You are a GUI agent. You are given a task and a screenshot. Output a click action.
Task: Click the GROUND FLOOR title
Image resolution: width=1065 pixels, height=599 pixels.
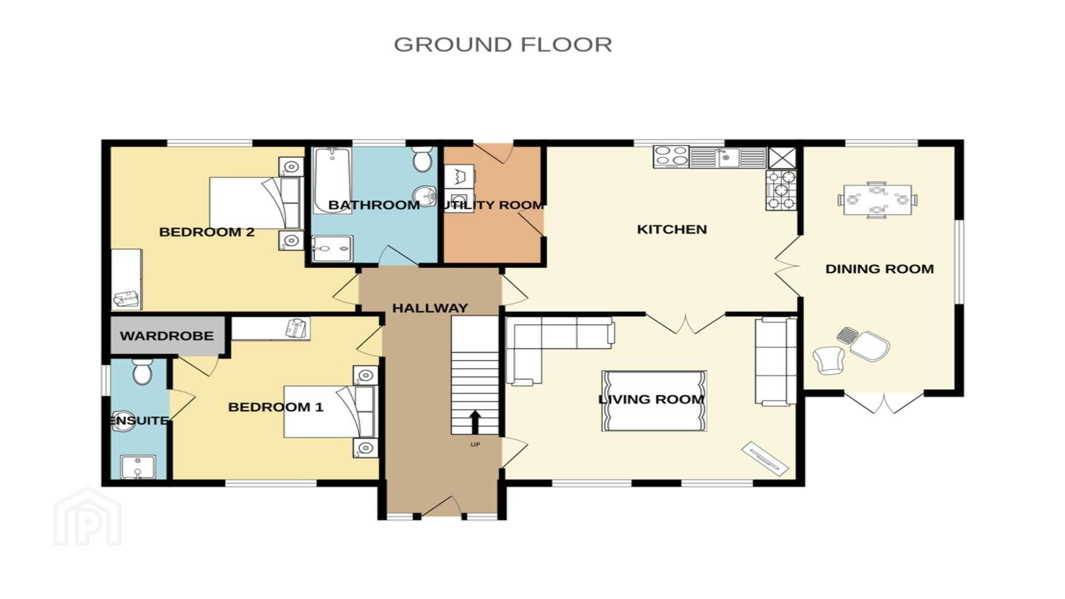pos(503,44)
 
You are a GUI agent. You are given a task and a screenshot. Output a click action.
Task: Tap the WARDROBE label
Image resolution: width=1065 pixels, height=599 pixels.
pos(166,336)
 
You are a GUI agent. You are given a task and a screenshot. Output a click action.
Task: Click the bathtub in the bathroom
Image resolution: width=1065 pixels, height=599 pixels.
pos(332,180)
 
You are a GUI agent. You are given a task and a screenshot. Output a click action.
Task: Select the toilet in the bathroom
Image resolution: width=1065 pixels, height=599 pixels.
pos(423,159)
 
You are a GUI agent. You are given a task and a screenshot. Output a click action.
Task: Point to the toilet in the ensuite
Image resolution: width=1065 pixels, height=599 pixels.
pos(143,371)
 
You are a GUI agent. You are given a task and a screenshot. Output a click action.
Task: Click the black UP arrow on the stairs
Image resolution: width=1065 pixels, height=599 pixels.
pos(475,422)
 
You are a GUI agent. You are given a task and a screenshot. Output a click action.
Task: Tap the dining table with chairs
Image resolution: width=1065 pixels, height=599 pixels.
pos(877,200)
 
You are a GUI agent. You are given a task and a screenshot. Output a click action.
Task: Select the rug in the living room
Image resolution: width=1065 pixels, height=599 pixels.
pos(654,400)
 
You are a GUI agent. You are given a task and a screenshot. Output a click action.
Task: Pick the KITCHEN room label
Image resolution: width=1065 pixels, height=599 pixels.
pos(672,229)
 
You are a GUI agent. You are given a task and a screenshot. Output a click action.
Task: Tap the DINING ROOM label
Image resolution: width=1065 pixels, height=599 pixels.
pos(879,269)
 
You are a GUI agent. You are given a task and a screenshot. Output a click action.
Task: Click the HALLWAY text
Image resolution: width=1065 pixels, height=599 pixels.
pos(430,308)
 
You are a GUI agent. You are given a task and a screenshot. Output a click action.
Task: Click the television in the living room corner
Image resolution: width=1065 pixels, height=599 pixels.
pos(765,458)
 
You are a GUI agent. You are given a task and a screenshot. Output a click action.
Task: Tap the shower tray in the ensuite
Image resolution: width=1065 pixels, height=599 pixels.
pos(138,467)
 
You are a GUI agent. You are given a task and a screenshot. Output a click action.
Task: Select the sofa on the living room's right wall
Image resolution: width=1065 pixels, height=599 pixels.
pos(775,361)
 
